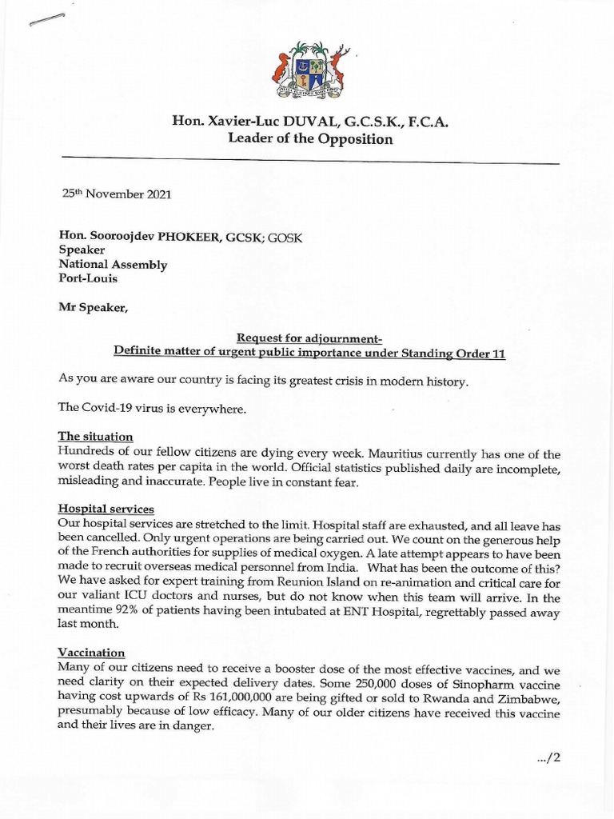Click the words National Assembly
click(x=113, y=265)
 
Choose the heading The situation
click(x=94, y=437)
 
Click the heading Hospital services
click(x=106, y=509)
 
